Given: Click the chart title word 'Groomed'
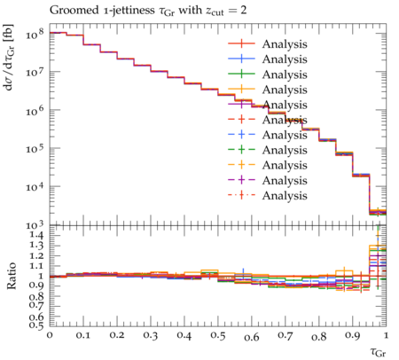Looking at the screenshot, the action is pos(74,11).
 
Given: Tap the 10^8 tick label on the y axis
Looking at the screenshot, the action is pos(35,34).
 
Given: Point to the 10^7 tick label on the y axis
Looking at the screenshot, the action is pos(35,72).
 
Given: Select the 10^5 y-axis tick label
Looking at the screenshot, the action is pos(35,148).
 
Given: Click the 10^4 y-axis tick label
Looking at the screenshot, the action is pos(35,186).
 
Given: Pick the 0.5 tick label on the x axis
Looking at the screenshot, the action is pos(218,335).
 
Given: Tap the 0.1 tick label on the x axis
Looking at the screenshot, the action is pos(83,335).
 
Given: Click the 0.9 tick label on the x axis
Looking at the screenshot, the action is pos(353,335).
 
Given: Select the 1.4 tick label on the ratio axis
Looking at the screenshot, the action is pos(36,236).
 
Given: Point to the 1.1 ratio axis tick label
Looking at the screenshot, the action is pos(36,266).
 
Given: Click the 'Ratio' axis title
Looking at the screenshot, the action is pos(12,276).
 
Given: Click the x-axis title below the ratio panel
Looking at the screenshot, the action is pos(379,352).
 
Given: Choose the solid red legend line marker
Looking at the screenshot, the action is pos(241,43).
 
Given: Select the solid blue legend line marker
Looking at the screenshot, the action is pos(241,59).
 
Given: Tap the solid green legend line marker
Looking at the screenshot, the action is pos(241,74).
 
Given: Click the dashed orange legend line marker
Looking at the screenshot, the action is pos(241,165).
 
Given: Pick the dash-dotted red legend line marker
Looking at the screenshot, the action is pos(241,195).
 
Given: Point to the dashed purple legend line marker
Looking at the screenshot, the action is pos(241,180).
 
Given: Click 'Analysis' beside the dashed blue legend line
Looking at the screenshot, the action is pos(285,136).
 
